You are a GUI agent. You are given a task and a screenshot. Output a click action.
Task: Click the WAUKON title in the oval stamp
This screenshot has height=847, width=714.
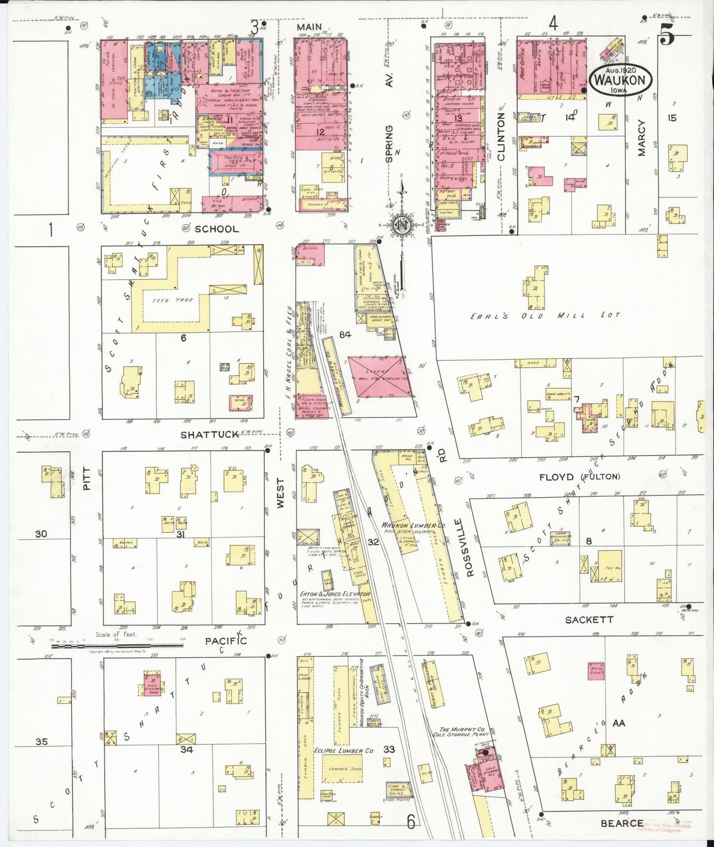620,80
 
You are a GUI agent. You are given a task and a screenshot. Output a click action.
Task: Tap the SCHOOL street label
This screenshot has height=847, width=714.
216,229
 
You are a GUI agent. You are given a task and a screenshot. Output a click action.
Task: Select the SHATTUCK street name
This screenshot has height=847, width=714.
210,435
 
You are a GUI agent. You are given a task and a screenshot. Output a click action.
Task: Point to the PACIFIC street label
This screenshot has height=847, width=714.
226,641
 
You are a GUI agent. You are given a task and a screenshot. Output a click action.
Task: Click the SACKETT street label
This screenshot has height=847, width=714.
588,620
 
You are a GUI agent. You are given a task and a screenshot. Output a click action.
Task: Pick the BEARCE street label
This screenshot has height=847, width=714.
622,823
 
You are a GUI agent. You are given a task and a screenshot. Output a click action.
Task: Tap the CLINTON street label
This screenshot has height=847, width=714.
502,136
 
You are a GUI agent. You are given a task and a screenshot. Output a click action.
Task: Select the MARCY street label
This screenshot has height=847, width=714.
641,138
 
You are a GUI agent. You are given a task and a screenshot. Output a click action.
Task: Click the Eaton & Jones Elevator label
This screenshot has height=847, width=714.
335,594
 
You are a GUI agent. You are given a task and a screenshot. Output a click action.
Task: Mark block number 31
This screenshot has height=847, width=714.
180,535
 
